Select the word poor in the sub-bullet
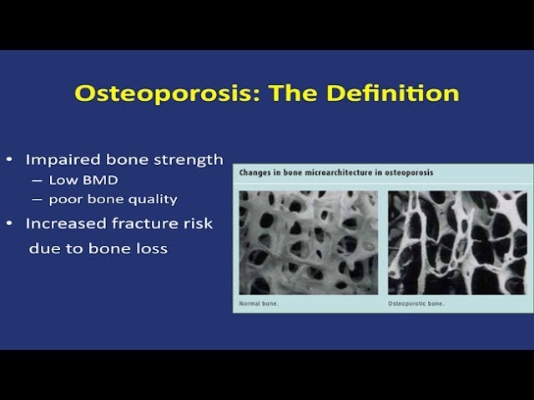tap(64, 199)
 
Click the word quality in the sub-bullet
tap(150, 199)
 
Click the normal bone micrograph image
tap(308, 242)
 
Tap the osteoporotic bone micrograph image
tap(455, 242)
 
